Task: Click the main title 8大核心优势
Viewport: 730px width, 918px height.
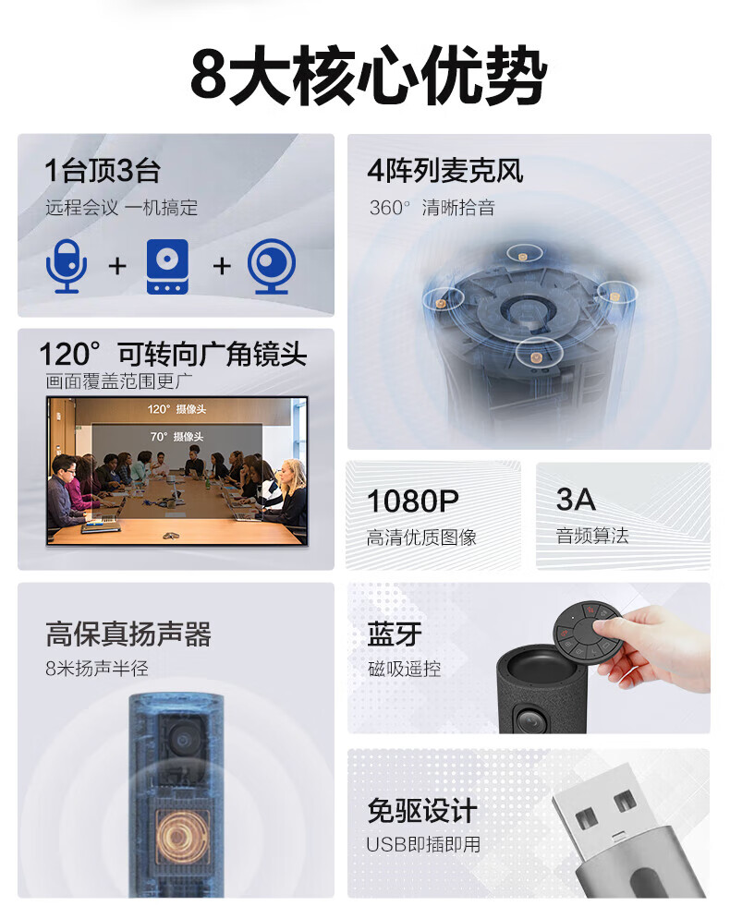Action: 369,76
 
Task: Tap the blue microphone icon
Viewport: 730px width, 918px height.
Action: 67,266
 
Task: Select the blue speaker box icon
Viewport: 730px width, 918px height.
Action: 167,266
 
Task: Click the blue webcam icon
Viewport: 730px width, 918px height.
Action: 272,266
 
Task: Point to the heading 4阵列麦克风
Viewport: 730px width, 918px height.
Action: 444,171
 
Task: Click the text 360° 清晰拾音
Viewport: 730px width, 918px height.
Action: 432,207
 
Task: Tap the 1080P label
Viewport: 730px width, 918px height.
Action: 412,501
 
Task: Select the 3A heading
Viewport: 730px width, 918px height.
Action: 576,500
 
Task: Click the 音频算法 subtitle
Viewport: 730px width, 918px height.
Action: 591,535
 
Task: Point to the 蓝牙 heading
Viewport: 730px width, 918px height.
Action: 395,634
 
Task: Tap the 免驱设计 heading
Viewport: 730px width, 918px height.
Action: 421,811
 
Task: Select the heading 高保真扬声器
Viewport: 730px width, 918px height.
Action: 128,634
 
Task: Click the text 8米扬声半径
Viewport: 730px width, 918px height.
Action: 97,668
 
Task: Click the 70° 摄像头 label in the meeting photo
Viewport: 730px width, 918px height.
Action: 176,436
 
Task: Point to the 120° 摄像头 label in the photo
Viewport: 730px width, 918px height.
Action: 176,409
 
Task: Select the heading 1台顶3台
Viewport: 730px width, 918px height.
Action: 103,171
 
